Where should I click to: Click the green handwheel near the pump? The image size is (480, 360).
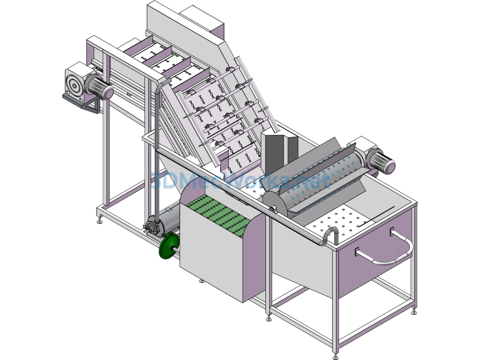(x=167, y=246)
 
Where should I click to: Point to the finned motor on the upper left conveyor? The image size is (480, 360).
(x=99, y=86)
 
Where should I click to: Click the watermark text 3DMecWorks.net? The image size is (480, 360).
(x=240, y=180)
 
